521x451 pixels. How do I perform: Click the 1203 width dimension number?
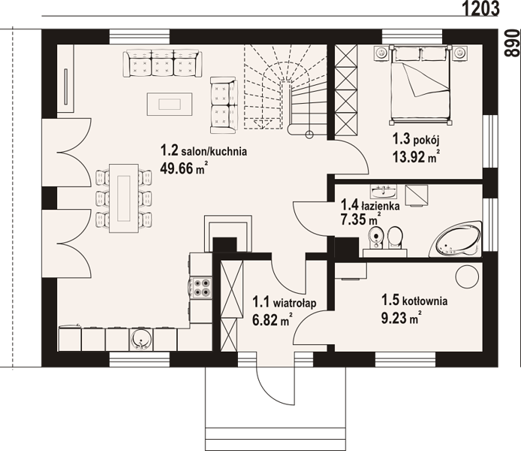point(480,8)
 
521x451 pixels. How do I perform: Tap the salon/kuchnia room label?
point(204,151)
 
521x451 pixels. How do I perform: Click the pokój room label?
point(416,140)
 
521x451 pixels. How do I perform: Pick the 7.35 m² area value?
point(360,219)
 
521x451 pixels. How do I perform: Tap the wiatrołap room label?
point(285,303)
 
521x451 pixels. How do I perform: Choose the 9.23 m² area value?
point(402,318)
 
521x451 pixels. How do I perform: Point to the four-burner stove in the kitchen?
point(202,287)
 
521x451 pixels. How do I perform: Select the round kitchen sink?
point(141,339)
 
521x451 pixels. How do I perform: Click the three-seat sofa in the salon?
point(161,64)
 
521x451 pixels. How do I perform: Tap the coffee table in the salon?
point(170,104)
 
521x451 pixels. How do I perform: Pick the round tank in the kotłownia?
point(467,277)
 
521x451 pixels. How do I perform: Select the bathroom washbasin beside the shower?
point(384,191)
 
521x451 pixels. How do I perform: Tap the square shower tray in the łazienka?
point(417,196)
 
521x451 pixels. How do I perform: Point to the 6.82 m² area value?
point(273,320)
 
